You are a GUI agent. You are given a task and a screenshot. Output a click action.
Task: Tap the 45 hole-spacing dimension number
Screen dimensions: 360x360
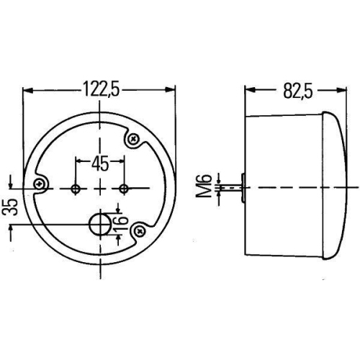coord(100,163)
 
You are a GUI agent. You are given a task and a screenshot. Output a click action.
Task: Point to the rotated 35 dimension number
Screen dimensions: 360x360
coord(10,207)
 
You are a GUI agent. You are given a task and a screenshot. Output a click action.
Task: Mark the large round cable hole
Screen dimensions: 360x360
coord(99,224)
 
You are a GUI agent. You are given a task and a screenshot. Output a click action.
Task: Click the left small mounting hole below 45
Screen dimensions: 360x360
coord(76,188)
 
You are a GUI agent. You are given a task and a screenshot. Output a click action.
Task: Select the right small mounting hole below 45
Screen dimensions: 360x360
coord(125,188)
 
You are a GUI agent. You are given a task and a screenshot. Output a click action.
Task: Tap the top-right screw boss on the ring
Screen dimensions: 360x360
coord(133,140)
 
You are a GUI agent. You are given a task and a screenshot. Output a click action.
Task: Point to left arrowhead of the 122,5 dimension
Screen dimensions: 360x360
coord(27,90)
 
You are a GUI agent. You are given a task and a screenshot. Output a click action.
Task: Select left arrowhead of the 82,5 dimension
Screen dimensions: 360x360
coord(248,90)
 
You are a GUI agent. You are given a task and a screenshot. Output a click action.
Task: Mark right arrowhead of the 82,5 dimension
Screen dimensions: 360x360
coord(339,90)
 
